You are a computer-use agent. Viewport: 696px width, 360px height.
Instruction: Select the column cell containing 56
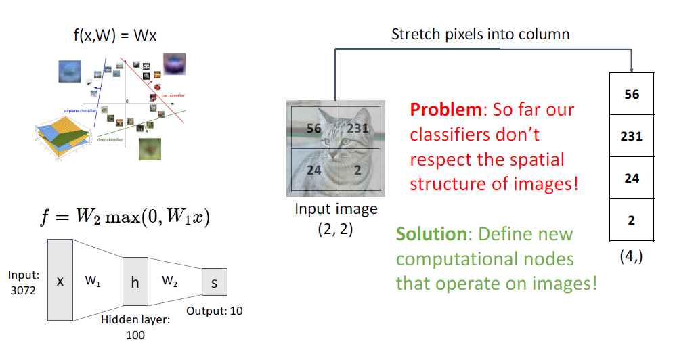coord(631,95)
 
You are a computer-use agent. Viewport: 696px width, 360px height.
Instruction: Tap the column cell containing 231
coord(631,136)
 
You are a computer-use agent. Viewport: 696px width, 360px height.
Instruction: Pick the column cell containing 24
coord(631,178)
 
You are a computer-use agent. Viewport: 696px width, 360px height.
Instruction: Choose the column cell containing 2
coord(631,220)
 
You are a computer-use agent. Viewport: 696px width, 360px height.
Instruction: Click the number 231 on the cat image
coord(359,128)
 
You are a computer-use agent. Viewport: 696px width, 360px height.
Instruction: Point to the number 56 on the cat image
coord(313,128)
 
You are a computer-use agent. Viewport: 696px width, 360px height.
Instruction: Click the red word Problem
coord(440,110)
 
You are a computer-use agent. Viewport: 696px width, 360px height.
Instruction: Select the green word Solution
coord(428,234)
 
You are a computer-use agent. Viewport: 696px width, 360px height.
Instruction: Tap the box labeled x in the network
coord(60,279)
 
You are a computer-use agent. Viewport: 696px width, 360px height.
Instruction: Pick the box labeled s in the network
coord(214,282)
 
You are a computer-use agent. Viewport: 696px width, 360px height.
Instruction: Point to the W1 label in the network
coord(93,279)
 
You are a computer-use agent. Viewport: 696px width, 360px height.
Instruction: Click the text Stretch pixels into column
coord(480,34)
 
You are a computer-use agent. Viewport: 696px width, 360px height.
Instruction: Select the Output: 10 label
coord(214,311)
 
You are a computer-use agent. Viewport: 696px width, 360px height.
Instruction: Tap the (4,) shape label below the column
coord(631,258)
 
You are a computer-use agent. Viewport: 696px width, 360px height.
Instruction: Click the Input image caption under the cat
coord(336,208)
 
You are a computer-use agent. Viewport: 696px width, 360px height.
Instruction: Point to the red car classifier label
coord(173,96)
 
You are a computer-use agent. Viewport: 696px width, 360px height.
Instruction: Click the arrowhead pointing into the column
coord(631,70)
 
